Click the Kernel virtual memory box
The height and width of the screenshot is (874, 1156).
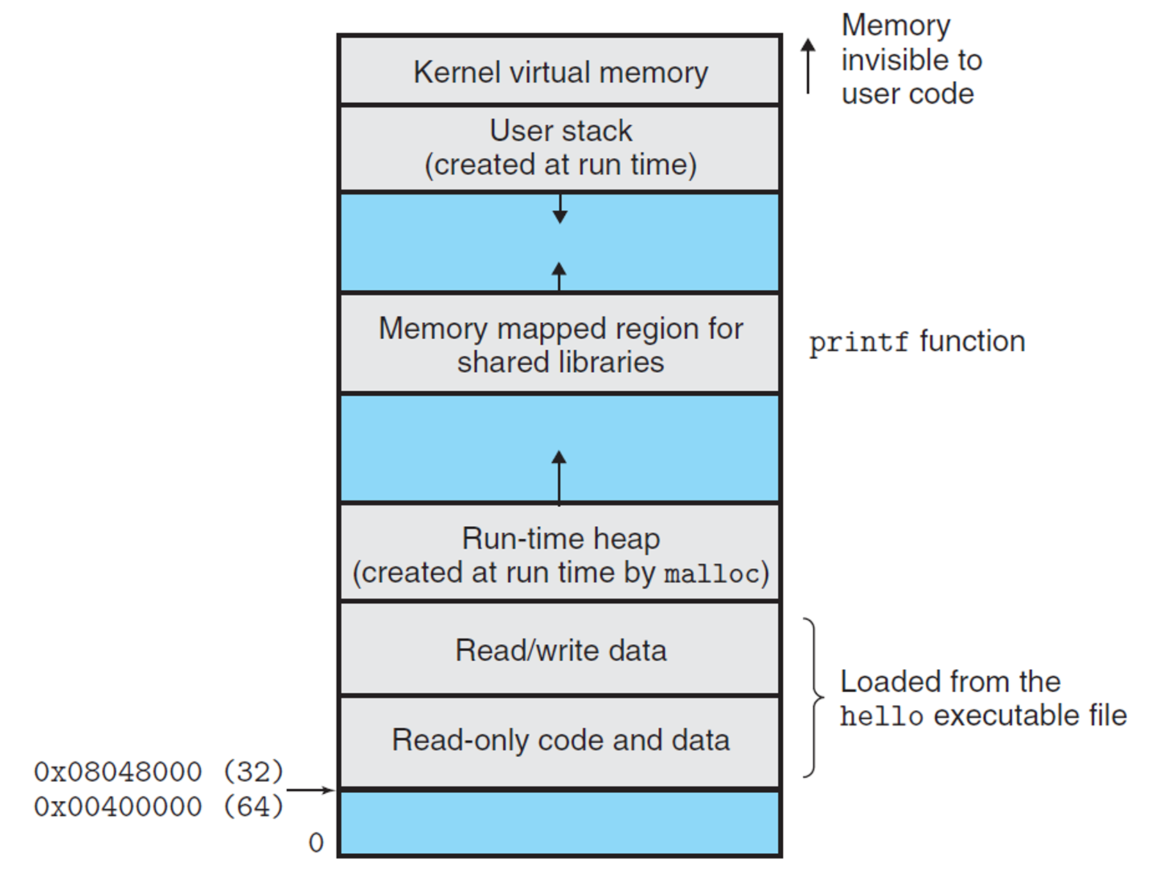[x=560, y=72]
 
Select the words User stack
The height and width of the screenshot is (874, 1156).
[x=560, y=131]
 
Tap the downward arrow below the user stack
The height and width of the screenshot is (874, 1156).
[x=560, y=209]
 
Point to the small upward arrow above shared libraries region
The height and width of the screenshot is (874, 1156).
[x=559, y=276]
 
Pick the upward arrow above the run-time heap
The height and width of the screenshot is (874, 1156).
[x=559, y=476]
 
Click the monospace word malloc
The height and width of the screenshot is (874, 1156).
[x=711, y=574]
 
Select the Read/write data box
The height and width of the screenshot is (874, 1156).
[x=560, y=650]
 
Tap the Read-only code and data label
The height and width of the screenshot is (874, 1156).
[x=560, y=740]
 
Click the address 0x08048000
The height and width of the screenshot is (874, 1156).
[x=117, y=772]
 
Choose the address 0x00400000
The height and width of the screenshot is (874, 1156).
[x=117, y=807]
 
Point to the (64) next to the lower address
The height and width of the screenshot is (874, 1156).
[x=253, y=807]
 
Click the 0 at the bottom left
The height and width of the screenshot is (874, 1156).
[x=316, y=843]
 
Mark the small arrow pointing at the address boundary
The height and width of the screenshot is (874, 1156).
[x=310, y=790]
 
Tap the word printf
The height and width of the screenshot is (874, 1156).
[x=858, y=343]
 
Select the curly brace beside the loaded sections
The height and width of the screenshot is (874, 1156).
[x=812, y=697]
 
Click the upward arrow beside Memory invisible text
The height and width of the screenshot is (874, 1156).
[x=807, y=65]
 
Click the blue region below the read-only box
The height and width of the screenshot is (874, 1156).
[x=560, y=823]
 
